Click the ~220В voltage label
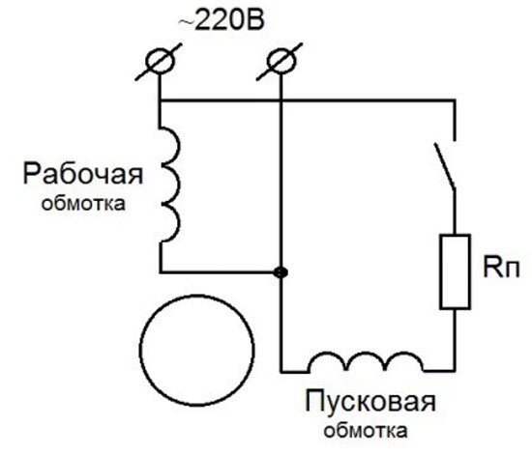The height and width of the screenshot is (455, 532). point(222,21)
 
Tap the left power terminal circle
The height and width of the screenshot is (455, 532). point(161,62)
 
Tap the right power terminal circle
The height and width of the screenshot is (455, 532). point(281,62)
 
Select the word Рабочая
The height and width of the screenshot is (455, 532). point(83,174)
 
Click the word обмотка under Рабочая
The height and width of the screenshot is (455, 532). point(83,204)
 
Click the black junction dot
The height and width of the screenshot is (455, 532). point(281,272)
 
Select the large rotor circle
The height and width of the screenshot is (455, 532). point(197,351)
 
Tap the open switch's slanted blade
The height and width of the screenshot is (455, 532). point(444,165)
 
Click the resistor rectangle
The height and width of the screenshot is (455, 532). point(455,271)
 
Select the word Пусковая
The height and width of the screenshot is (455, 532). point(370,401)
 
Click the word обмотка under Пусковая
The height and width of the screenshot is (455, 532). point(366,431)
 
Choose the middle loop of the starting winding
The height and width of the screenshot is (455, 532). point(366,353)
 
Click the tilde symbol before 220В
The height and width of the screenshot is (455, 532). point(186,21)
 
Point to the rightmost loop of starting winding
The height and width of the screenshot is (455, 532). point(404,353)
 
